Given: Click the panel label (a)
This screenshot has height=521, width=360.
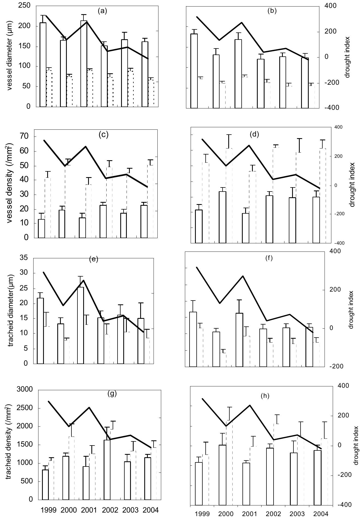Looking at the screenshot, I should (x=103, y=11).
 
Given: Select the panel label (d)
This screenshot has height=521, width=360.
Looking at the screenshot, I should (x=254, y=134).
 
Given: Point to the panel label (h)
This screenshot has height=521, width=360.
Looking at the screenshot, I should (x=265, y=396).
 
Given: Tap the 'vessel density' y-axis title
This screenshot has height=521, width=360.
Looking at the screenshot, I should (x=10, y=183).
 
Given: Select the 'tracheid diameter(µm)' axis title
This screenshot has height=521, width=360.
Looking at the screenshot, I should (x=11, y=310).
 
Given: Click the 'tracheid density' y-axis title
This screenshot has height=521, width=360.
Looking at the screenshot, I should (x=10, y=434).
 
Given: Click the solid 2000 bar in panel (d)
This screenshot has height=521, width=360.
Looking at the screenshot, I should (x=223, y=217).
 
